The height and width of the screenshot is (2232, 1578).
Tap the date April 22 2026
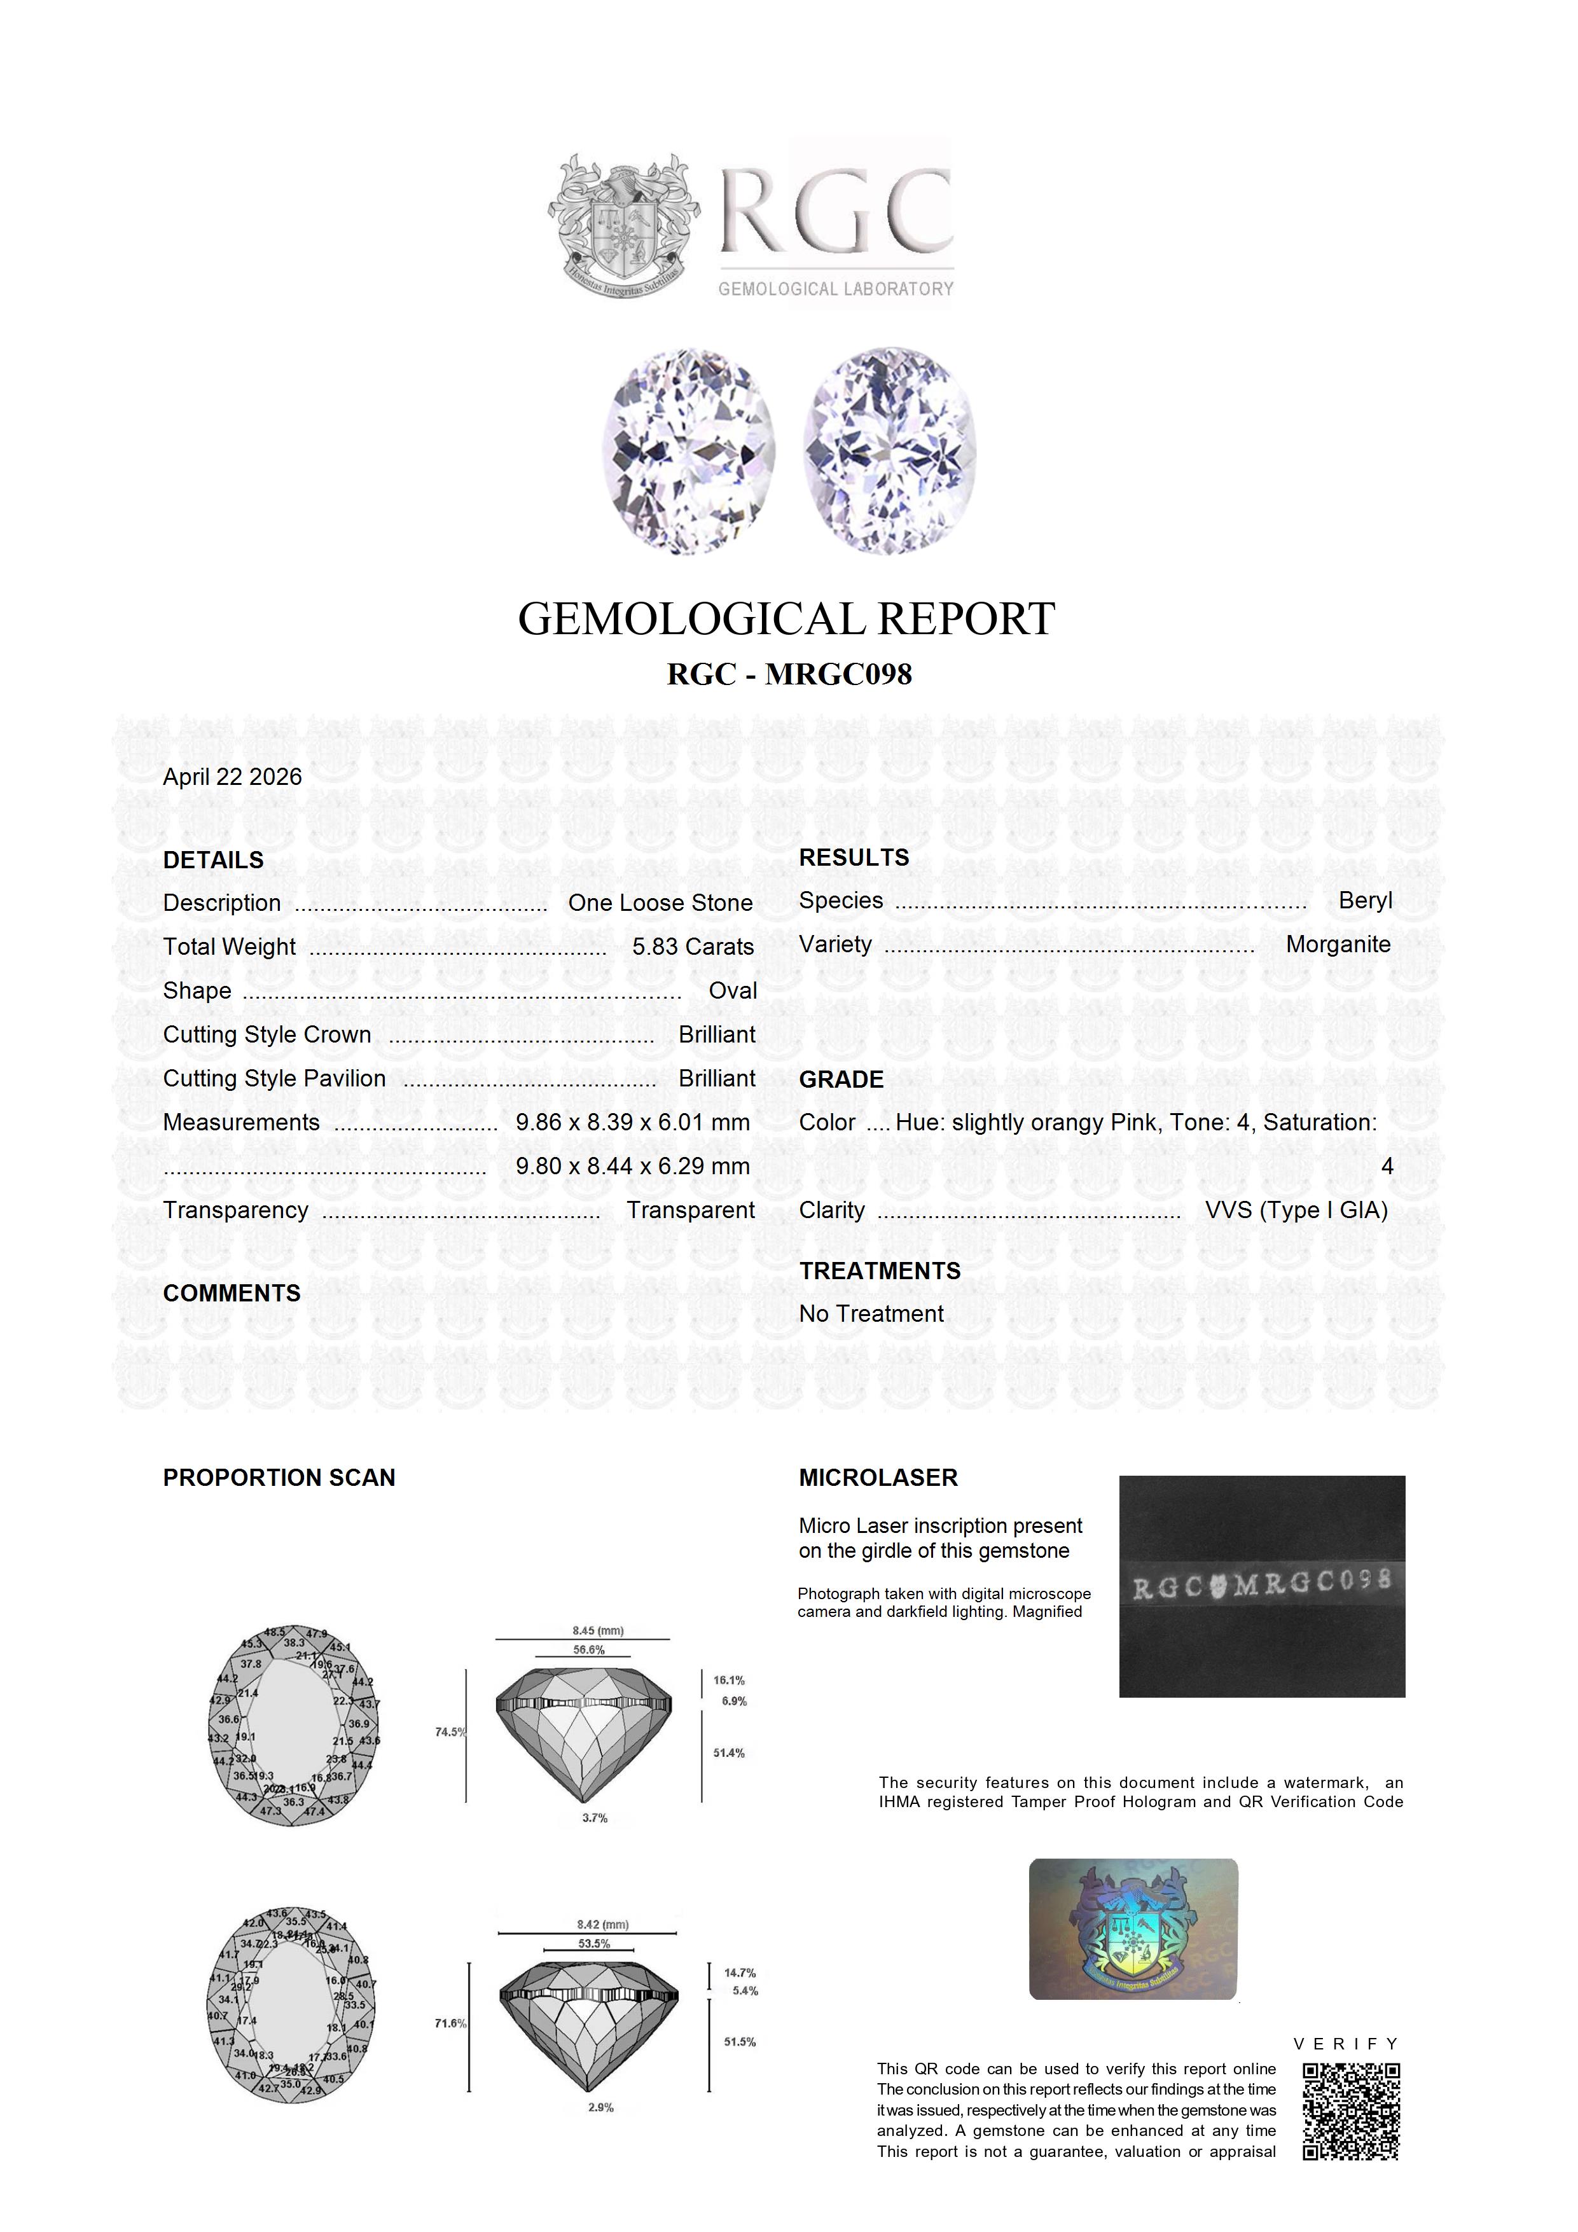click(x=232, y=777)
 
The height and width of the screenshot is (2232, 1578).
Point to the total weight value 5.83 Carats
click(x=692, y=947)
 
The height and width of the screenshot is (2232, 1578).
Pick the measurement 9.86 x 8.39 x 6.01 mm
click(x=633, y=1122)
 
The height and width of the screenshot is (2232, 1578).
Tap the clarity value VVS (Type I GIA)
click(x=1296, y=1210)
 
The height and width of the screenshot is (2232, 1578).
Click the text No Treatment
click(x=871, y=1314)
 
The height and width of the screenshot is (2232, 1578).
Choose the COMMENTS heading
click(x=232, y=1293)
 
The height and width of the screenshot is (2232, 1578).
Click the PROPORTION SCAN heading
click(x=279, y=1478)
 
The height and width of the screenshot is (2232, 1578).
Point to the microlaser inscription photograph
click(x=1261, y=1586)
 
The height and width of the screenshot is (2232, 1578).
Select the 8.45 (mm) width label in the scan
click(x=598, y=1630)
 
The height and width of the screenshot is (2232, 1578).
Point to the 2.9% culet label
click(x=600, y=2107)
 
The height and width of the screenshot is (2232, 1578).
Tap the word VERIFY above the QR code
click(x=1346, y=2044)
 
